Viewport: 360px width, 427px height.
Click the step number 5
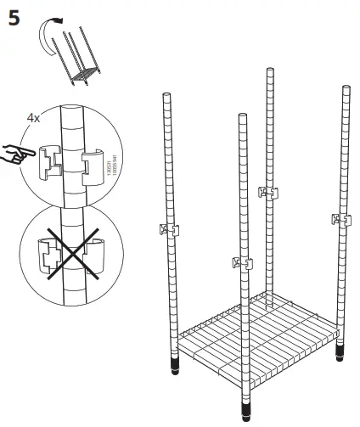[x=14, y=18]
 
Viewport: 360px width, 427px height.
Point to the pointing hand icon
[x=16, y=155]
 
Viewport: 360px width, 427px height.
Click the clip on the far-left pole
[x=168, y=228]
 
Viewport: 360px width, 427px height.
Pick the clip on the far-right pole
[x=342, y=220]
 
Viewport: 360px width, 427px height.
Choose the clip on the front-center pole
[x=242, y=262]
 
